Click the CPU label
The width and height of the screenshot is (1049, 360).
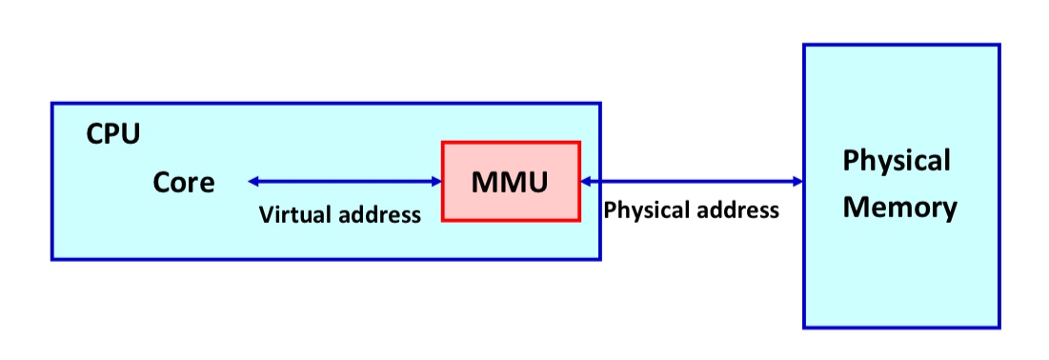tap(113, 134)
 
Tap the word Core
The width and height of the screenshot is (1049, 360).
tap(184, 182)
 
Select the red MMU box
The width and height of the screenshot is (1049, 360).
tap(511, 181)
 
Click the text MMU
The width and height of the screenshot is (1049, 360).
tap(510, 182)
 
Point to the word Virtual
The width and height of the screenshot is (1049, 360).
tap(294, 214)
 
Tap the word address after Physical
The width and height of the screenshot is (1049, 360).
tap(735, 210)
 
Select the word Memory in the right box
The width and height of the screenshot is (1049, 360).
tap(899, 209)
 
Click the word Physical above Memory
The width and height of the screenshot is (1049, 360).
tap(897, 161)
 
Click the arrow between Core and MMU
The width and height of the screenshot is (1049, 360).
tap(345, 181)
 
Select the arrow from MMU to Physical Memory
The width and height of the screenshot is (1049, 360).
tap(692, 181)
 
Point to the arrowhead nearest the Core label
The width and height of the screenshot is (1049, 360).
tap(252, 181)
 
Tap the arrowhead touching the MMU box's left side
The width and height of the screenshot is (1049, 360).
tap(436, 181)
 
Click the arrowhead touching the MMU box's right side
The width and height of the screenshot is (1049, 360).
tap(586, 181)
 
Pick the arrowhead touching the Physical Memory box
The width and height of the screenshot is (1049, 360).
tap(797, 181)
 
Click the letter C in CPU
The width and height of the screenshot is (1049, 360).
tap(95, 134)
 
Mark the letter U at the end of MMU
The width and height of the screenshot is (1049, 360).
tap(538, 183)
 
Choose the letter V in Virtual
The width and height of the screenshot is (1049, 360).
tap(266, 214)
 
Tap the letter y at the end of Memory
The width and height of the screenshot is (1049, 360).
tap(950, 211)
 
